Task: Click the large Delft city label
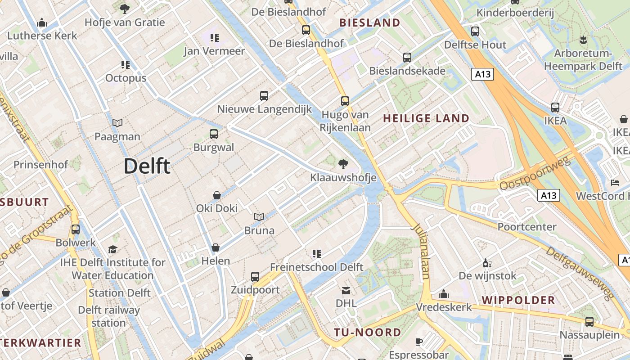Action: pyautogui.click(x=147, y=166)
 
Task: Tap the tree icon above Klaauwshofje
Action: pyautogui.click(x=343, y=164)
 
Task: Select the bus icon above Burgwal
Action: pyautogui.click(x=214, y=134)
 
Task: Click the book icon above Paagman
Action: pyautogui.click(x=117, y=123)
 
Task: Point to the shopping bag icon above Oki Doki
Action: pyautogui.click(x=217, y=195)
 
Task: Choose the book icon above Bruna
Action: pyautogui.click(x=259, y=217)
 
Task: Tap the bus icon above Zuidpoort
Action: pyautogui.click(x=255, y=276)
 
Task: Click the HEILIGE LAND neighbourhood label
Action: pyautogui.click(x=426, y=118)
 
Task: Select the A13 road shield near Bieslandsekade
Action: pyautogui.click(x=483, y=74)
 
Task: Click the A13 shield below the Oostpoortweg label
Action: pyautogui.click(x=549, y=195)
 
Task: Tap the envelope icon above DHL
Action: pyautogui.click(x=346, y=290)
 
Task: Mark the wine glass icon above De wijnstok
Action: pyautogui.click(x=487, y=263)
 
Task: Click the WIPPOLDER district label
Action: pyautogui.click(x=518, y=300)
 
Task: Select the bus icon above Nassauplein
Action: pyautogui.click(x=589, y=322)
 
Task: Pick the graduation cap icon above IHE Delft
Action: pyautogui.click(x=112, y=249)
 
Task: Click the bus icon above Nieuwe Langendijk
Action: pyautogui.click(x=264, y=95)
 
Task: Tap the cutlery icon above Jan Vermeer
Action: pyautogui.click(x=215, y=38)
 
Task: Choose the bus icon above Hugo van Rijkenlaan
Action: pyautogui.click(x=345, y=101)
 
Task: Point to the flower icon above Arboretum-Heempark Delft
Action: pyautogui.click(x=583, y=40)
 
